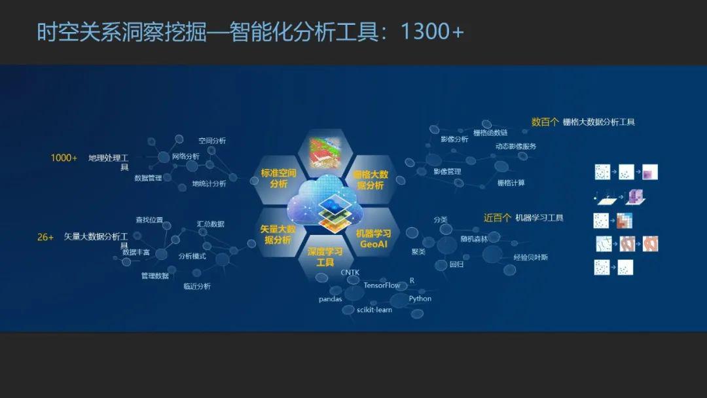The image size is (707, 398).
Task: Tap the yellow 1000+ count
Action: tap(63, 158)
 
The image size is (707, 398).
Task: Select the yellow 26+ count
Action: tap(45, 237)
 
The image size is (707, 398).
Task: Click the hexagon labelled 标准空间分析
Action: tap(278, 178)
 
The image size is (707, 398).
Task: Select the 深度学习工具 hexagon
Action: tap(325, 257)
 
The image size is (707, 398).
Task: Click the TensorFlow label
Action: tap(382, 285)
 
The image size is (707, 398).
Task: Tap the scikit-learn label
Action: tap(374, 310)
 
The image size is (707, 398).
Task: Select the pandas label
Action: tap(331, 298)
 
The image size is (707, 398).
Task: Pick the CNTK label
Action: tap(350, 272)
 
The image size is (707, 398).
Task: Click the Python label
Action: tap(420, 298)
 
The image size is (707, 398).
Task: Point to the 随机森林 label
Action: tap(474, 239)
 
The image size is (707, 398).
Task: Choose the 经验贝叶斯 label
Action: tap(530, 257)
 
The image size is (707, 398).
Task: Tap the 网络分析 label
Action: tap(186, 156)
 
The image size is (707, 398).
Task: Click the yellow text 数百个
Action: tap(545, 122)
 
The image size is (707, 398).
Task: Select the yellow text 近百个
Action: tap(497, 218)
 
